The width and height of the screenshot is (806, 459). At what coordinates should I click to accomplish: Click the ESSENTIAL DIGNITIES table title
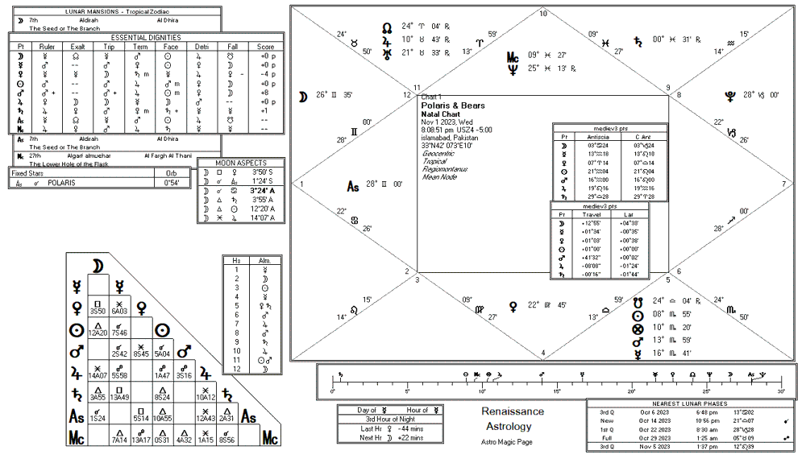[x=146, y=37]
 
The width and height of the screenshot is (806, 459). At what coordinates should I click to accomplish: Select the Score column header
[x=265, y=48]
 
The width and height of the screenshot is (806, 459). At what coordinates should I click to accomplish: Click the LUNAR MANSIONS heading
[x=116, y=12]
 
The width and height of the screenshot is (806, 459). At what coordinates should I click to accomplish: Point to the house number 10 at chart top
[x=543, y=14]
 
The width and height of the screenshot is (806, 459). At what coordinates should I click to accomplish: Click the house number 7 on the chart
[x=783, y=184]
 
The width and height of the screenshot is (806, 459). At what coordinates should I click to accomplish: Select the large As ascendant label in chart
[x=352, y=187]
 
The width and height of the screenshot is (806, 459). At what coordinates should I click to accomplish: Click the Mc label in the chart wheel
[x=513, y=57]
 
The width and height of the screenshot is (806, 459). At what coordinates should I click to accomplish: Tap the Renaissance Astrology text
[x=513, y=419]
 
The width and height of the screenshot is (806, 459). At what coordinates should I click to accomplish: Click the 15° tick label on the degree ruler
[x=557, y=391]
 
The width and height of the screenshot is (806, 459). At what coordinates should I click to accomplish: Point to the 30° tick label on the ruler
[x=781, y=391]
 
